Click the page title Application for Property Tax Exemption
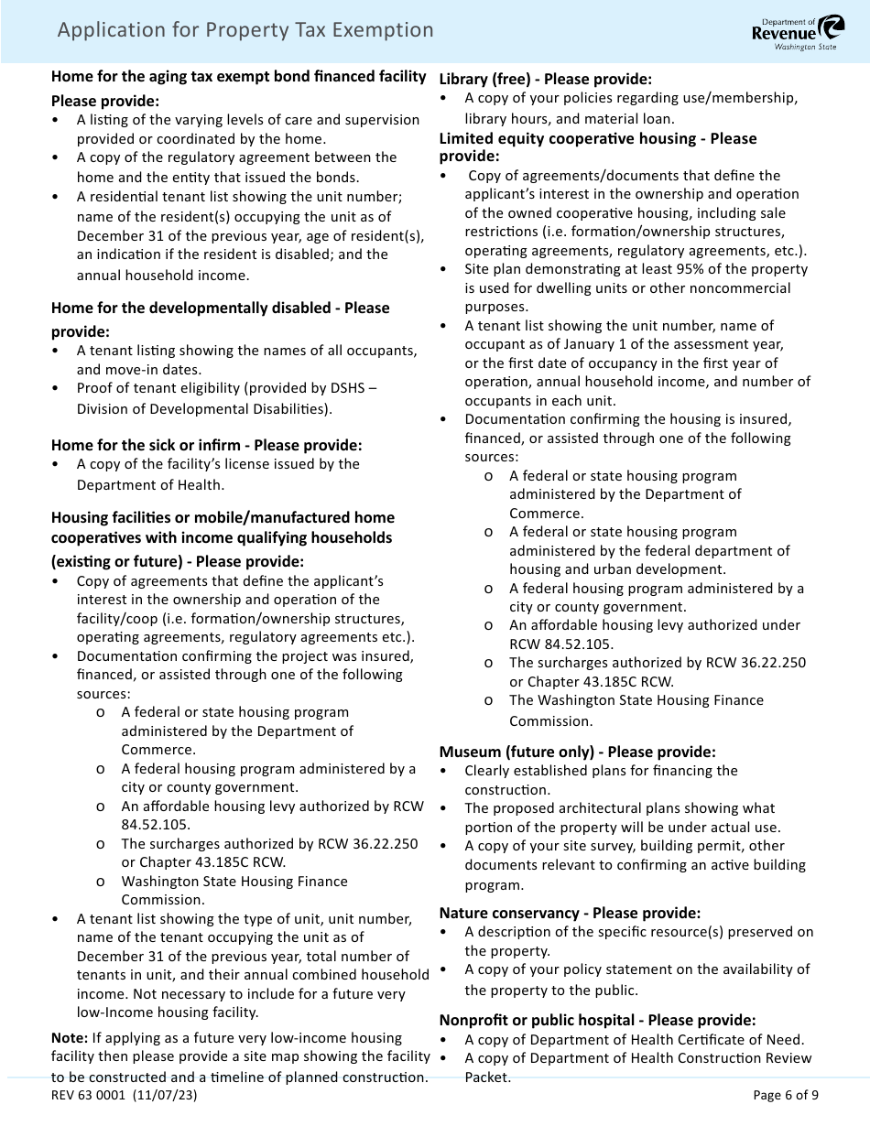coord(245,30)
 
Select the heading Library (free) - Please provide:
coord(545,79)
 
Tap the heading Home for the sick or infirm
coord(206,445)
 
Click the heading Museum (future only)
coord(577,751)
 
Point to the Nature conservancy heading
coord(570,913)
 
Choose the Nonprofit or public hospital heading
coord(597,1020)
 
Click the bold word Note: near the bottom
coord(70,1037)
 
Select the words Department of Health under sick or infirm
coord(150,484)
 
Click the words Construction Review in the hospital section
coord(747,1058)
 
